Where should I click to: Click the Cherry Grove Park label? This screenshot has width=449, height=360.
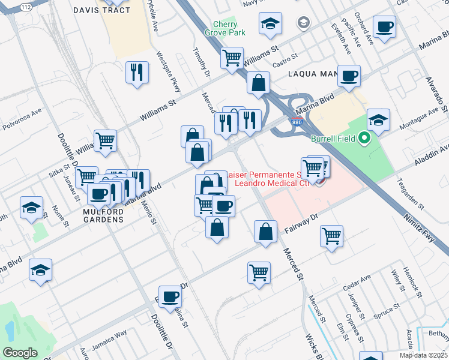[225, 29]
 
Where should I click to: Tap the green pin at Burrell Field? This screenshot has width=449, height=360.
[364, 139]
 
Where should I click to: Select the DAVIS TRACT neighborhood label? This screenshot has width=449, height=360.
[98, 10]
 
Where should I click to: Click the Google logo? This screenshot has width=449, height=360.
[20, 353]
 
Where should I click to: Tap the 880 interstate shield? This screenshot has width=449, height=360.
[306, 122]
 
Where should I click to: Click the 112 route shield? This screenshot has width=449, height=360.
[25, 6]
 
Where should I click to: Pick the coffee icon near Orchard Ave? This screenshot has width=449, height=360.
[384, 27]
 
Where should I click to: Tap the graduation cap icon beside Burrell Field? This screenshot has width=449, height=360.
[378, 120]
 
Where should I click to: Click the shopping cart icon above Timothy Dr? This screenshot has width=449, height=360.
[232, 58]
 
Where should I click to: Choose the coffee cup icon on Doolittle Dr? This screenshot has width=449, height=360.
[170, 296]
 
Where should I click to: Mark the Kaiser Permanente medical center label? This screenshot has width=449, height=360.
[267, 178]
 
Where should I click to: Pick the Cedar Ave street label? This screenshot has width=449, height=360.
[357, 283]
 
